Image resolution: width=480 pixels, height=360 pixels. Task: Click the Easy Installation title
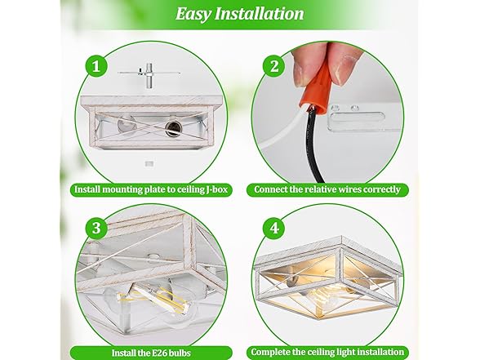tap(240, 14)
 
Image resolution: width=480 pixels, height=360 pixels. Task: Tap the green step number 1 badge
tap(96, 66)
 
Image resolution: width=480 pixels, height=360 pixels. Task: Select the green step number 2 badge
tap(274, 66)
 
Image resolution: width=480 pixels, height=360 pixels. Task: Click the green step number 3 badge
tap(96, 229)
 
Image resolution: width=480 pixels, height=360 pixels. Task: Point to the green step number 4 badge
tap(274, 229)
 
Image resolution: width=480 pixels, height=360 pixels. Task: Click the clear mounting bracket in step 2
tap(361, 118)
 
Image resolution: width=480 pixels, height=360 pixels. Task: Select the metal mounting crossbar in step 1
tap(149, 73)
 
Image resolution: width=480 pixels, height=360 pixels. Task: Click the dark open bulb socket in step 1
tap(173, 128)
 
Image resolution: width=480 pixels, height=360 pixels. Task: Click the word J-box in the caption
tap(216, 189)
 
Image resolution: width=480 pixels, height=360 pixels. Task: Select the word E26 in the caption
tap(159, 353)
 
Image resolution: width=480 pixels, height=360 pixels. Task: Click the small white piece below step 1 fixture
tap(149, 164)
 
